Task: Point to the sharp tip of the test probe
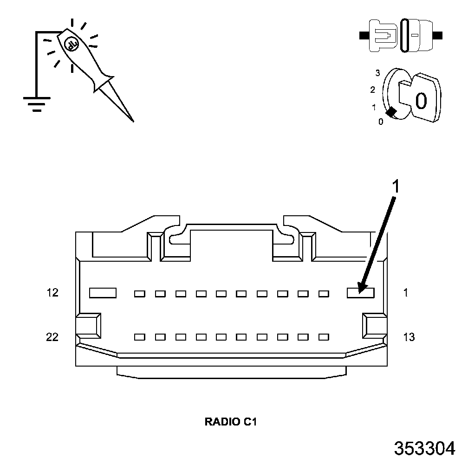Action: (x=133, y=121)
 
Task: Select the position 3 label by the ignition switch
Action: (x=378, y=73)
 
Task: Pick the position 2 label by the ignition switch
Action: (x=372, y=90)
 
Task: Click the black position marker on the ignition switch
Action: (x=391, y=112)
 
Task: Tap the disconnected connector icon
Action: (x=401, y=35)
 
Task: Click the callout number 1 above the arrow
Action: (x=396, y=187)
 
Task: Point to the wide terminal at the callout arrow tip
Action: (x=361, y=292)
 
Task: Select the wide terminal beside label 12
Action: (x=103, y=292)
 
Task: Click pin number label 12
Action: (x=52, y=293)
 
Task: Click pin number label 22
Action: (x=52, y=337)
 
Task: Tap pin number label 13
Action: (x=409, y=337)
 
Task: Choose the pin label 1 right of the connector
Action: (x=405, y=293)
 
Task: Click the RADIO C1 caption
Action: (x=231, y=422)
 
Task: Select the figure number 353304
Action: (x=424, y=448)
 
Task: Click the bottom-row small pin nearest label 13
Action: (x=324, y=337)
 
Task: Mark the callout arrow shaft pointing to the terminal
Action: (x=378, y=241)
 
